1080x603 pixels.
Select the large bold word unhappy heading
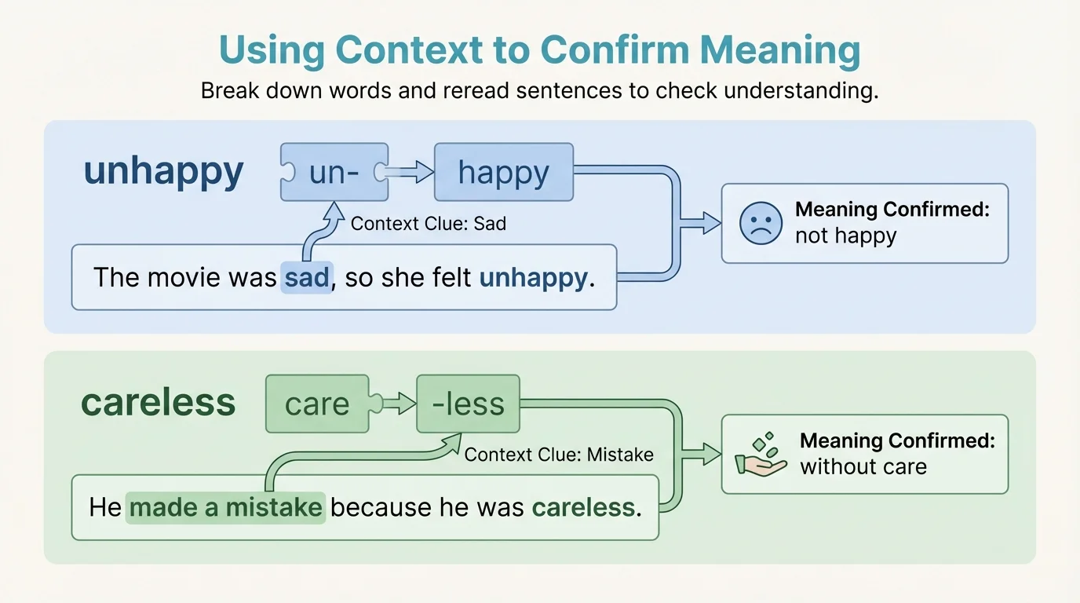click(x=163, y=171)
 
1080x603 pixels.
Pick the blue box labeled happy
click(x=503, y=172)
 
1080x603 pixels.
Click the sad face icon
click(x=761, y=223)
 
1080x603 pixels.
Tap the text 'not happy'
click(x=845, y=236)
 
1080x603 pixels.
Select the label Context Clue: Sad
click(x=428, y=224)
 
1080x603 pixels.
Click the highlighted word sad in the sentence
click(x=306, y=277)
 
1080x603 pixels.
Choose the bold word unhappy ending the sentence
click(x=532, y=277)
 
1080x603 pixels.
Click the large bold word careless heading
click(x=158, y=403)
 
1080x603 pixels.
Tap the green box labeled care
click(x=317, y=404)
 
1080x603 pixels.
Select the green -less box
click(x=469, y=404)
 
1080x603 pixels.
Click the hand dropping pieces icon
click(x=760, y=455)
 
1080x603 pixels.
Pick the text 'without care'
click(x=863, y=467)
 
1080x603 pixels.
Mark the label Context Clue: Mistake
click(x=559, y=455)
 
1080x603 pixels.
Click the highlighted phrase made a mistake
click(x=225, y=507)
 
